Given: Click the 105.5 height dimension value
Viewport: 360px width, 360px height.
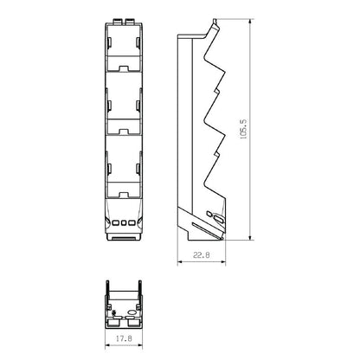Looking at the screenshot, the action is pos(243,130).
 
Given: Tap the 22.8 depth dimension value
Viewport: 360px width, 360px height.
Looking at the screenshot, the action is pos(202,255).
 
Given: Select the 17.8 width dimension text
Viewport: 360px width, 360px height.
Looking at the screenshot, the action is pos(124,338).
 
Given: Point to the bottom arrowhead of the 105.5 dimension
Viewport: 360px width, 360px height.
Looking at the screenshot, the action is pos(251,236).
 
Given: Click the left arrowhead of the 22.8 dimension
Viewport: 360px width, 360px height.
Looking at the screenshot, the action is pos(180,262).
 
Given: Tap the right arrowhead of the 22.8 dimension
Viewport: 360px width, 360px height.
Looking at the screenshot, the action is pos(222,262).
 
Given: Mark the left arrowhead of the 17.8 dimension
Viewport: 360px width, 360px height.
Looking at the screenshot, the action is pos(108,345).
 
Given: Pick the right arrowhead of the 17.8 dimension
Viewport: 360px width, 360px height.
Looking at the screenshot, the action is pos(139,345).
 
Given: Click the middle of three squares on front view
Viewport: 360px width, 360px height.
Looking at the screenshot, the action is pos(124,223).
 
